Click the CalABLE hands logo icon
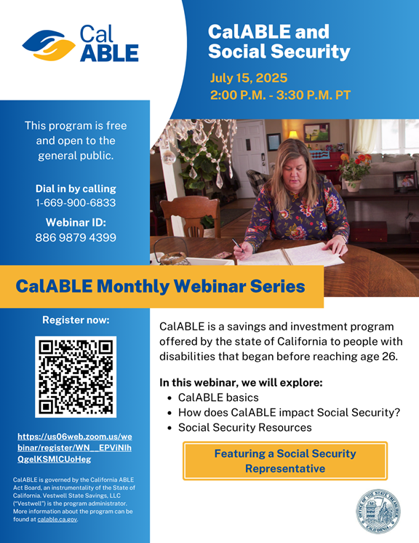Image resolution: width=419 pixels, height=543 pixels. pos(49,45)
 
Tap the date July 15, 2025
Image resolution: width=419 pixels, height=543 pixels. pos(249,78)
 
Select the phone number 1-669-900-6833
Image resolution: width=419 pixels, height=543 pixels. pos(76,202)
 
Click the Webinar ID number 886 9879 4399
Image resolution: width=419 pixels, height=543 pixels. pos(76,237)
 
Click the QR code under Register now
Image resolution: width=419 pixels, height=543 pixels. pos(76,377)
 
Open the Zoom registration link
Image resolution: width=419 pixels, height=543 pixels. pos(75,448)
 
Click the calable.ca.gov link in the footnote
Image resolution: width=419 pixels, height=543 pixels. pos(57,519)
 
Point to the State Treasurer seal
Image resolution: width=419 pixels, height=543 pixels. pos(378,511)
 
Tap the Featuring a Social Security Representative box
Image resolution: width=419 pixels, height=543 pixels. pos(285,461)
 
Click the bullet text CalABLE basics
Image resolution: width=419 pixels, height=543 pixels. pos(218,397)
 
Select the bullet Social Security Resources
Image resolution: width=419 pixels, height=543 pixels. pos(245,428)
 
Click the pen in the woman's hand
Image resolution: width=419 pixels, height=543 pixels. pos(237,244)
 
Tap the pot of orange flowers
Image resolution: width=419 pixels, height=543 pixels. pos(354,173)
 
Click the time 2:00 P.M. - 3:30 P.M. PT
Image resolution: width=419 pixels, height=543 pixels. pos(280,95)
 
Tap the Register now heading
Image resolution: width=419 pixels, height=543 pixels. pos(76,320)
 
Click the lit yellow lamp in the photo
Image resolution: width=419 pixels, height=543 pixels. pos(293,135)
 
